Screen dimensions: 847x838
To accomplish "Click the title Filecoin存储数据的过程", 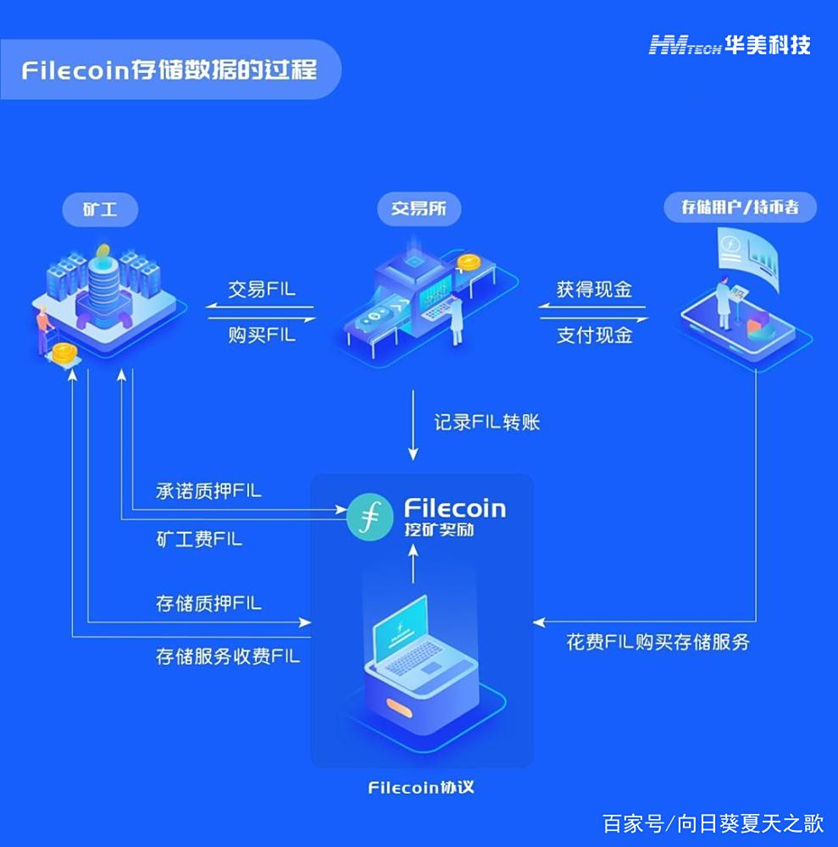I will pos(169,69).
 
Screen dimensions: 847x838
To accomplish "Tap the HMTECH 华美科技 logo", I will pos(730,45).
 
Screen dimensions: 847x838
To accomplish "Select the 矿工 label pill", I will pos(100,209).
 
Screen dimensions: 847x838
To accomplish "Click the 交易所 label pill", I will pos(419,209).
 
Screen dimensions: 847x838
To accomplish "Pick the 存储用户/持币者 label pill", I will pos(740,208).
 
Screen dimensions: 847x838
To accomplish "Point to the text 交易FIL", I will pos(262,289).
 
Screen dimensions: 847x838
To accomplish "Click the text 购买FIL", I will pos(262,335).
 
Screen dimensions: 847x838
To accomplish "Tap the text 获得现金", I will pos(594,289).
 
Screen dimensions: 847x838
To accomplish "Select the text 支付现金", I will pos(594,335).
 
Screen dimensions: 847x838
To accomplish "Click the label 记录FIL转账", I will pos(487,422).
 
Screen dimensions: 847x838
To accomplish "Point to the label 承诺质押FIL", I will pos(208,490).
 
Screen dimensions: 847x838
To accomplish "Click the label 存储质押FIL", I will pos(208,604).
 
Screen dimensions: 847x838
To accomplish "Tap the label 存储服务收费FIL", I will pos(227,656).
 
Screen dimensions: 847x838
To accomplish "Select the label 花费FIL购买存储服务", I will pos(658,641).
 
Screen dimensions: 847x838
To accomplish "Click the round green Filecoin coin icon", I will pos(370,518).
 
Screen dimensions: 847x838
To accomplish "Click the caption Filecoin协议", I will pos(421,788).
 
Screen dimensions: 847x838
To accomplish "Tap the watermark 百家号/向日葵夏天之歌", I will pos(713,822).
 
